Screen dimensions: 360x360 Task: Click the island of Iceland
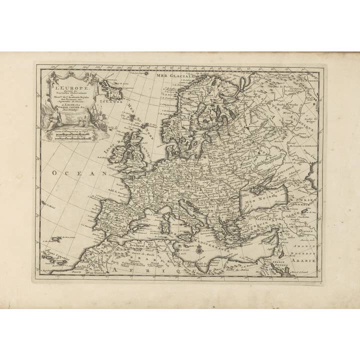pos(109,88)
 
